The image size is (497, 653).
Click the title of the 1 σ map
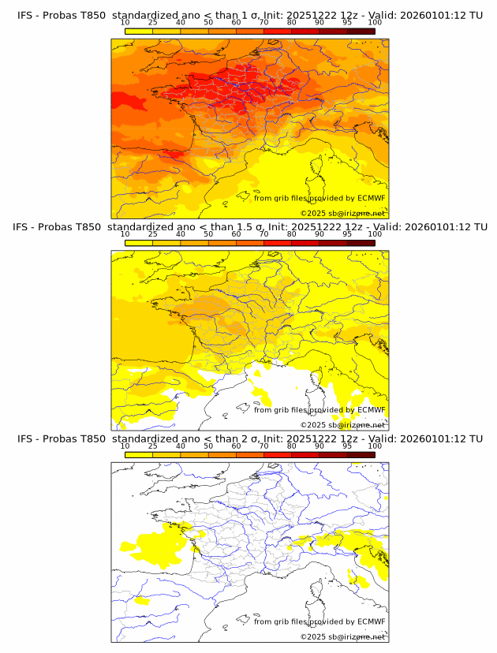pos(249,14)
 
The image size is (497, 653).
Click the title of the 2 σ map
pos(249,438)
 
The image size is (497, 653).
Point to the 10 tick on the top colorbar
pos(125,23)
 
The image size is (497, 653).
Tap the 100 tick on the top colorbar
pos(375,23)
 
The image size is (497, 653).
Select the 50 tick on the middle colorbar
pos(208,234)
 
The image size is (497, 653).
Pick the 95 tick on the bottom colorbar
pos(347,446)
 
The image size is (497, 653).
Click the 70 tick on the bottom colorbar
pos(264,446)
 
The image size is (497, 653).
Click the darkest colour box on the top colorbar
pos(361,31)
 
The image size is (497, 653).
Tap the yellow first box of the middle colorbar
pos(139,242)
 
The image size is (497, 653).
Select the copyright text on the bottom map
pos(342,636)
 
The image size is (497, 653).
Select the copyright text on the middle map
pos(342,424)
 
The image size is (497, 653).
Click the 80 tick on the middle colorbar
pos(292,234)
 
